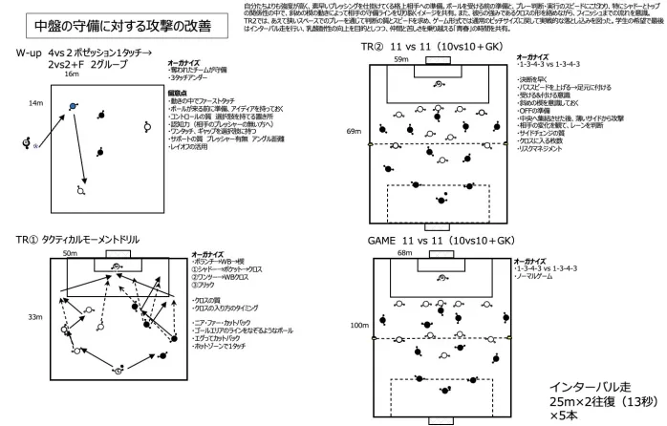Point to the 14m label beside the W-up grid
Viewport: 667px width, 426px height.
pyautogui.click(x=35, y=102)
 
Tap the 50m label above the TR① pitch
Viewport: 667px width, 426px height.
pyautogui.click(x=70, y=254)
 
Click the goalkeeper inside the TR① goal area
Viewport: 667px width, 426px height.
pyautogui.click(x=116, y=267)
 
